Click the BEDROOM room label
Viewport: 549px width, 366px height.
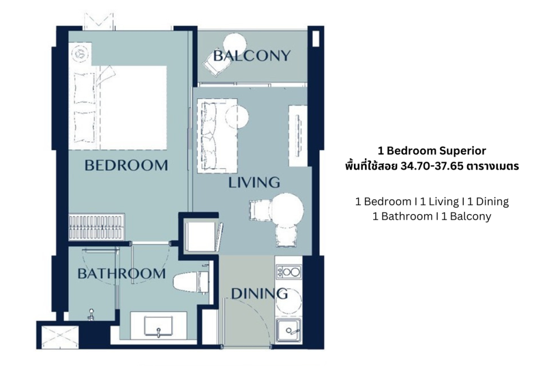[126, 165]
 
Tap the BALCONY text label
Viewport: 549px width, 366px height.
[251, 55]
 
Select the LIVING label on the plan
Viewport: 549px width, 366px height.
[254, 182]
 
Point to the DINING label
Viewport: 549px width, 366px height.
[259, 294]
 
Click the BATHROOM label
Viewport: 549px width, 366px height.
[121, 274]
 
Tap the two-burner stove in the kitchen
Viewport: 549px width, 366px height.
[288, 272]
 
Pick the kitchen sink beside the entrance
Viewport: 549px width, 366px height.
[290, 330]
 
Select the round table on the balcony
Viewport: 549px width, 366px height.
[234, 42]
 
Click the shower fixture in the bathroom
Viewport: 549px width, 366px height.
[92, 315]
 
